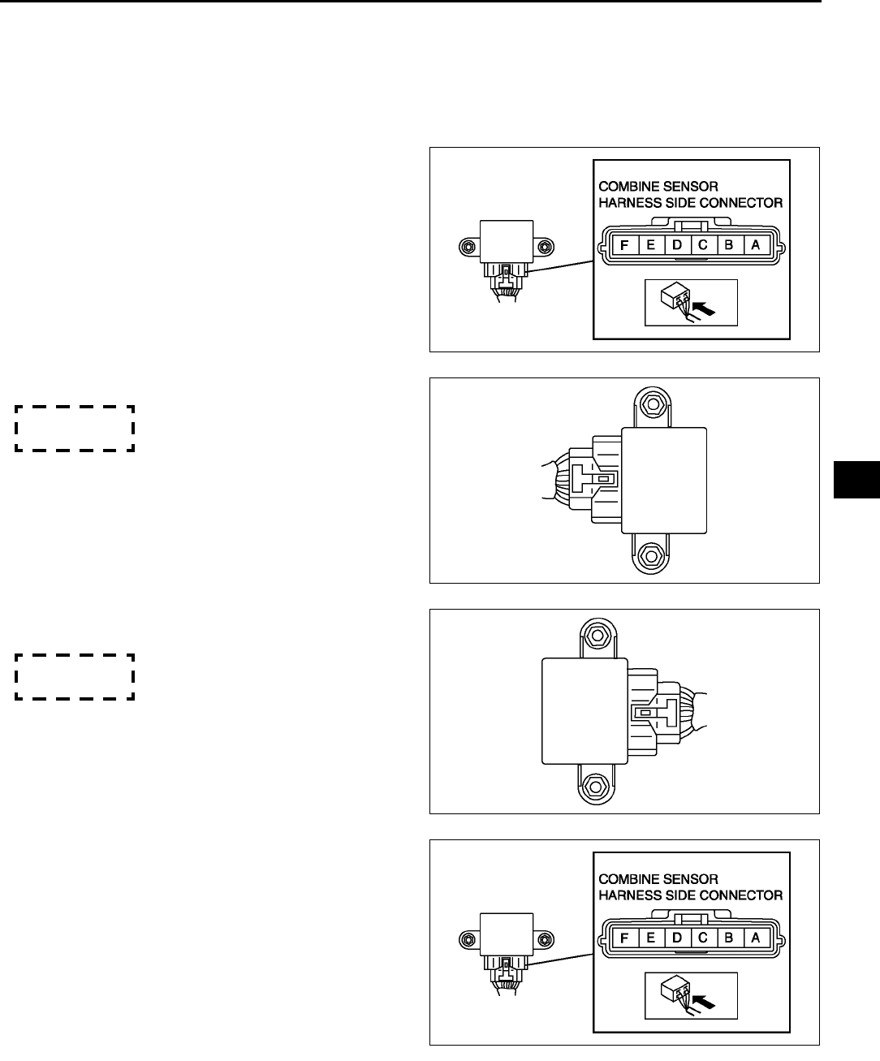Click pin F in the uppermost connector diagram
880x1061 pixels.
pyautogui.click(x=625, y=245)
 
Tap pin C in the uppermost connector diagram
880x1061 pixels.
pyautogui.click(x=703, y=245)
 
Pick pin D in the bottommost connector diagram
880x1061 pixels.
pyautogui.click(x=677, y=938)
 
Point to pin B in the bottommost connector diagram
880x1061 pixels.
pyautogui.click(x=730, y=938)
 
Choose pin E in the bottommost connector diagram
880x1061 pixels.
pyautogui.click(x=651, y=938)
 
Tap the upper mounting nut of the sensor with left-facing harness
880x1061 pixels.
pyautogui.click(x=648, y=403)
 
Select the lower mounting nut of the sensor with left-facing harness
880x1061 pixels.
pyautogui.click(x=648, y=556)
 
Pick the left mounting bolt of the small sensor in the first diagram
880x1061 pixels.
pyautogui.click(x=466, y=246)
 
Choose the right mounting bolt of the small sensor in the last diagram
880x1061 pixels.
pyautogui.click(x=546, y=939)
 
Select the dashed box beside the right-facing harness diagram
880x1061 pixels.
pyautogui.click(x=74, y=676)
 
